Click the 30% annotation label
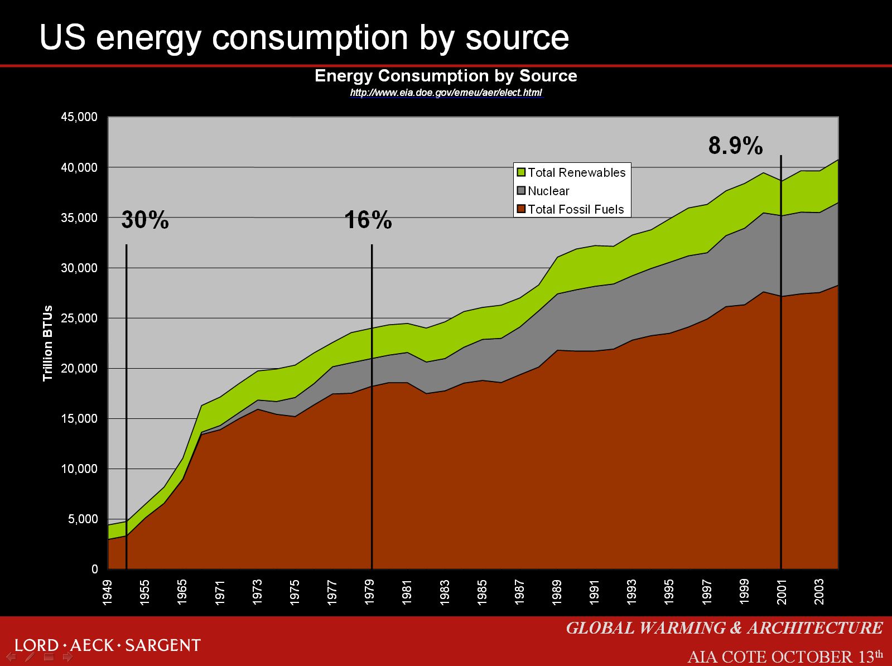point(145,220)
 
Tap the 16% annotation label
point(368,220)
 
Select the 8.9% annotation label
point(735,146)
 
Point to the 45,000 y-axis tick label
point(79,117)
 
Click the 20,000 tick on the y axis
point(79,368)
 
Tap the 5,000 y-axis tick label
point(83,519)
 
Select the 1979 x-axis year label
point(370,592)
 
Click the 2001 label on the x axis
point(782,592)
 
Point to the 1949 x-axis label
point(107,592)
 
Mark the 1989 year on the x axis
point(557,592)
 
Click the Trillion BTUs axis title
point(48,343)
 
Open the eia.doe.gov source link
point(446,93)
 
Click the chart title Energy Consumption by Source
point(446,76)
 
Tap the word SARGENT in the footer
point(162,645)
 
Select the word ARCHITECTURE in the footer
point(815,628)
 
